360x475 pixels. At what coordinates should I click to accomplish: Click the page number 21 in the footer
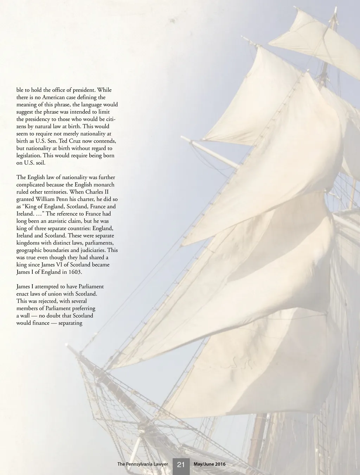coord(181,464)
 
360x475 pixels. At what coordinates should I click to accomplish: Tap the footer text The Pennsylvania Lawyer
coord(142,464)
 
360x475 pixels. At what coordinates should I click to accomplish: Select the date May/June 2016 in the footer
coord(210,464)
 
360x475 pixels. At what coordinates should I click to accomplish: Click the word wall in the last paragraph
coord(25,316)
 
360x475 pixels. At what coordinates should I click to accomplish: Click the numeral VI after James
coord(58,265)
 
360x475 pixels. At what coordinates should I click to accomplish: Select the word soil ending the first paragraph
coord(40,163)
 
